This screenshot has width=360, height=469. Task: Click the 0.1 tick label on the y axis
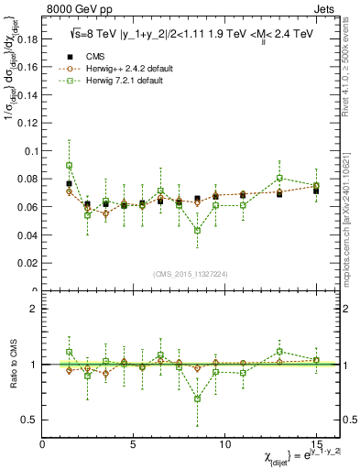[30, 151]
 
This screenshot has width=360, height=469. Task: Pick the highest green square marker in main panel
[70, 166]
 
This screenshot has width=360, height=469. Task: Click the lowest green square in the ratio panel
[197, 398]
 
